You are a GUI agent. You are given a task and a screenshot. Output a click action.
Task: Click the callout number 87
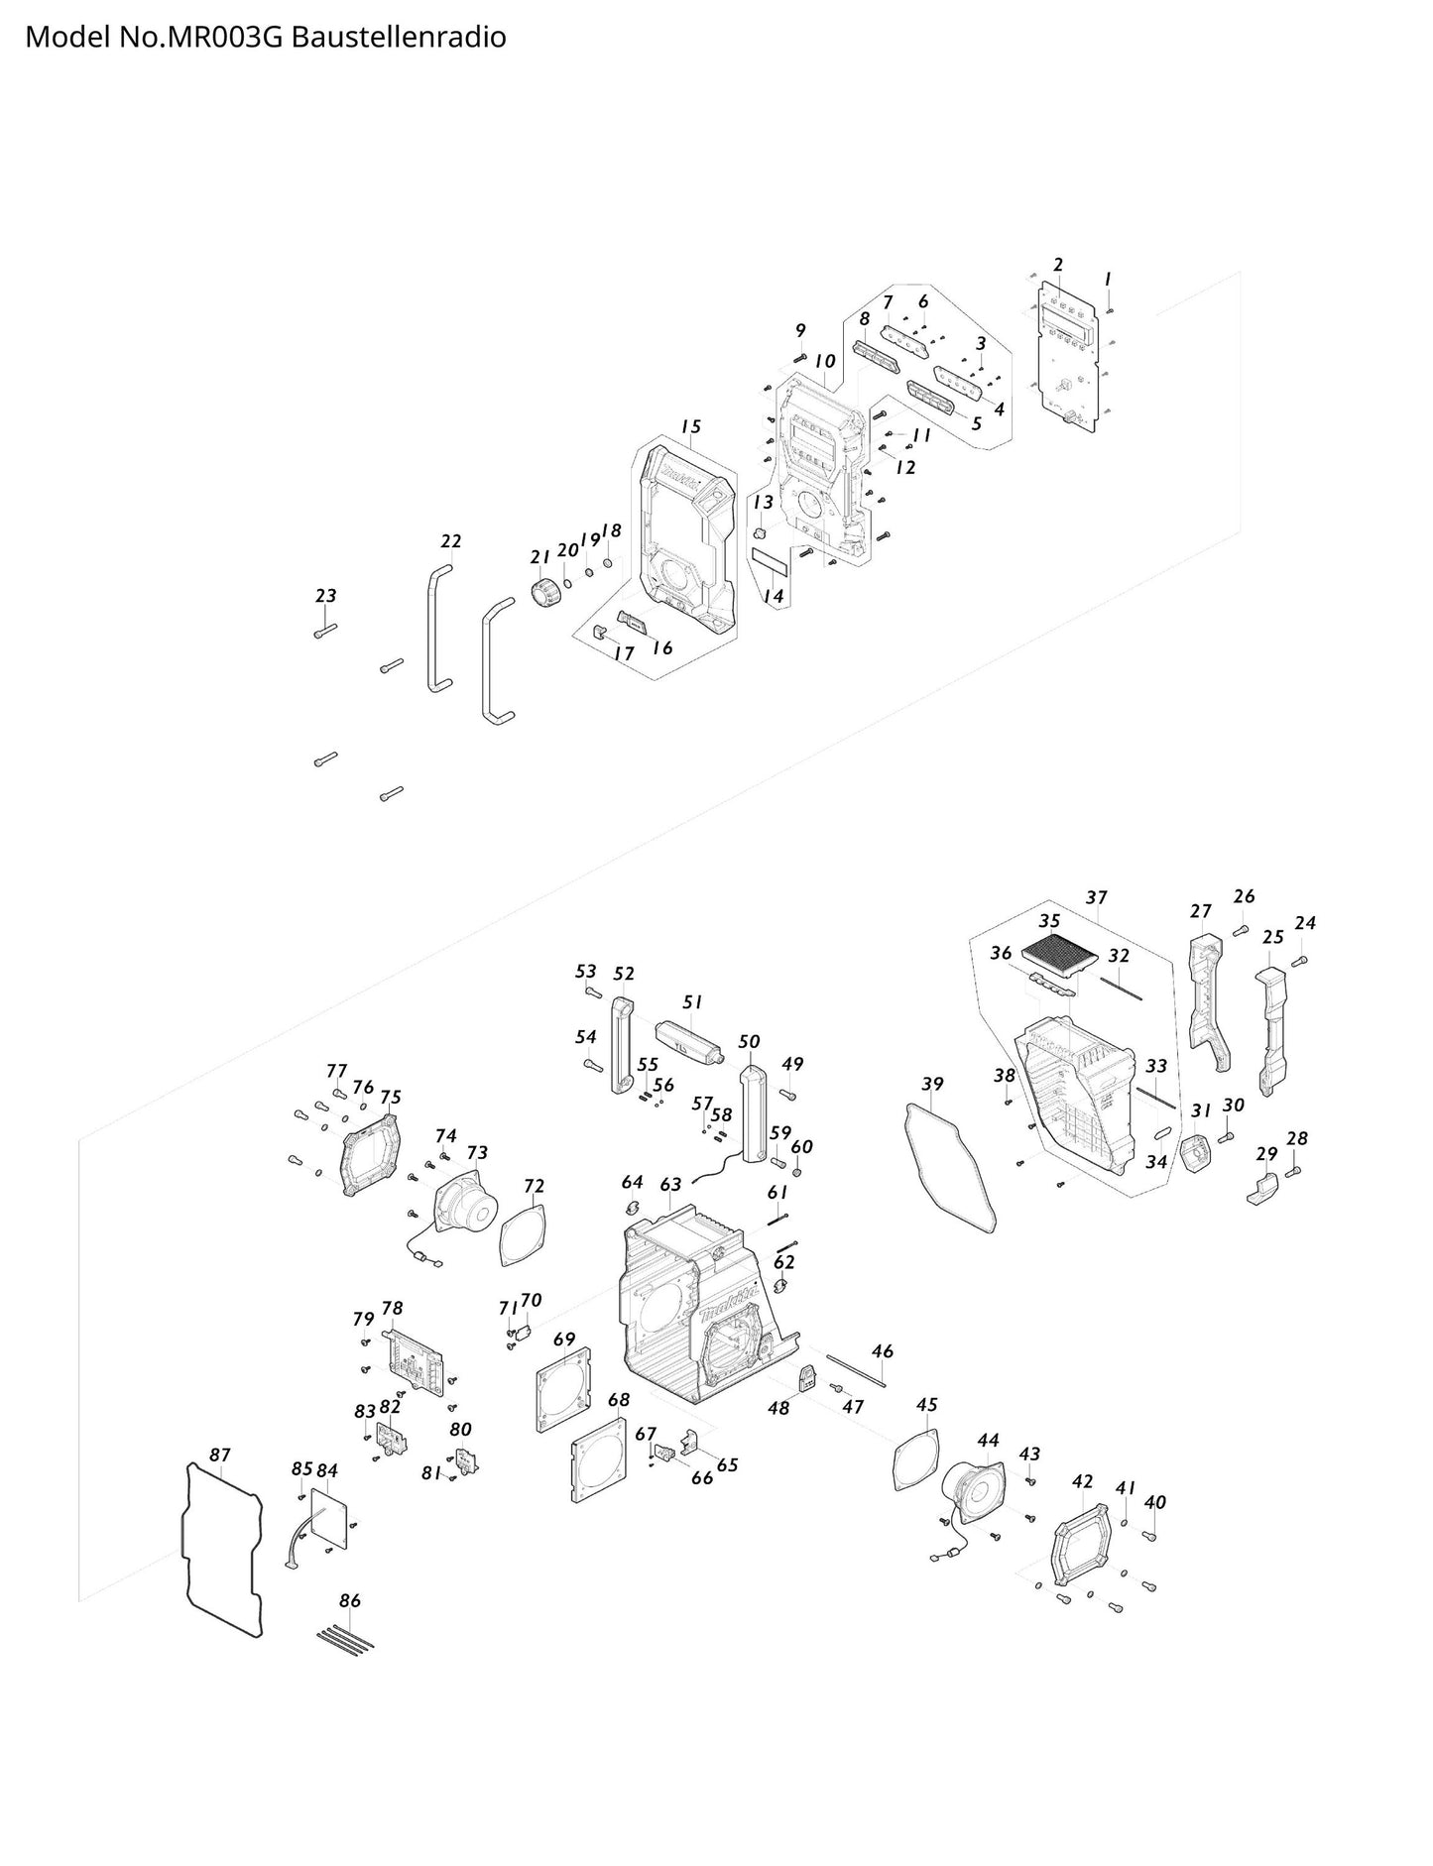219,1455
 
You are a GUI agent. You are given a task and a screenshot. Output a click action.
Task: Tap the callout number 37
1095,897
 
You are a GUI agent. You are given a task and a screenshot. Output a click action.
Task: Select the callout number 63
670,1184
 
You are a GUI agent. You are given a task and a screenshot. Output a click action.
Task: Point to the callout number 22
450,541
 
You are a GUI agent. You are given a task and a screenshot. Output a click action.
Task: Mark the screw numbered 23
324,630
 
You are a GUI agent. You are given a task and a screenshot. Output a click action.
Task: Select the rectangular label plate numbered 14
769,563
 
